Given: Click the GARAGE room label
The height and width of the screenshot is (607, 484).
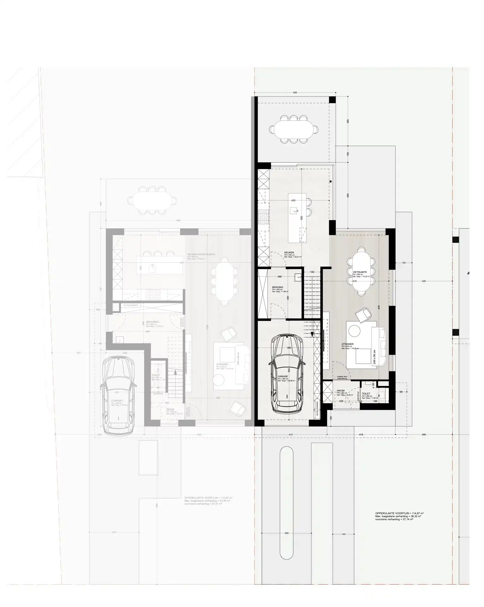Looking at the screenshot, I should tap(283, 377).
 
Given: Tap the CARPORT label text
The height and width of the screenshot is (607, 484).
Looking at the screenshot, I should tap(117, 400).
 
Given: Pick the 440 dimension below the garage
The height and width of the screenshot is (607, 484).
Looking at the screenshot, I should tap(291, 435).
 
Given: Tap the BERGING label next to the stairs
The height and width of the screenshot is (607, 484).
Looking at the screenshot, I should tap(277, 287).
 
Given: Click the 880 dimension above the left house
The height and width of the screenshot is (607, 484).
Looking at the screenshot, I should tap(178, 221).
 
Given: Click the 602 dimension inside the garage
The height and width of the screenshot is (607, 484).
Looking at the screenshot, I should tap(289, 370).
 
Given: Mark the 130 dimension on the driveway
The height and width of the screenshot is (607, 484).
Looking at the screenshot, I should tap(343, 534).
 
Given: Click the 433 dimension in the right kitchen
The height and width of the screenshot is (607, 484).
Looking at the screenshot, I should tap(293, 200).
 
